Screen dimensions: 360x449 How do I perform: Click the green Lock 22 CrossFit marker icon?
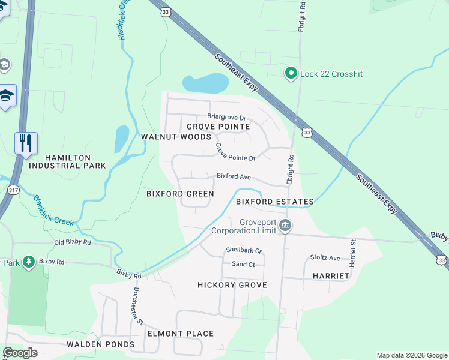click(291, 73)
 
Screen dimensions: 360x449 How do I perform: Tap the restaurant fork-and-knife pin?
click(26, 143)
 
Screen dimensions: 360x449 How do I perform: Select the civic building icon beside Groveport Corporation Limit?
click(285, 226)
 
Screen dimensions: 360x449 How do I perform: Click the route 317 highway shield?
click(13, 189)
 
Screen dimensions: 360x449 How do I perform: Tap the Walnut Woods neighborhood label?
click(167, 137)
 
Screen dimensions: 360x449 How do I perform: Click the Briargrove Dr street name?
click(226, 116)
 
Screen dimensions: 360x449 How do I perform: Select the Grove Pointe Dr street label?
click(235, 152)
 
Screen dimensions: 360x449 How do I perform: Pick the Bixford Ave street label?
click(234, 177)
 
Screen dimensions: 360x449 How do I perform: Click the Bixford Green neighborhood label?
click(180, 194)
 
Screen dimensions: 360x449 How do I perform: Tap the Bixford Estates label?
click(274, 202)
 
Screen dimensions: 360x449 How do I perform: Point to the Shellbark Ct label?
click(244, 250)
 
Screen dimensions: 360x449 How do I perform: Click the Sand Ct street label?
click(243, 264)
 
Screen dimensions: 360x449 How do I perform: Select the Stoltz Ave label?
click(325, 258)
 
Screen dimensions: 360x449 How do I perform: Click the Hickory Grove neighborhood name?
click(232, 285)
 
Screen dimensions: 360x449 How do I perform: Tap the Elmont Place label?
click(181, 334)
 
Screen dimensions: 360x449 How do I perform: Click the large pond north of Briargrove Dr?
click(205, 83)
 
